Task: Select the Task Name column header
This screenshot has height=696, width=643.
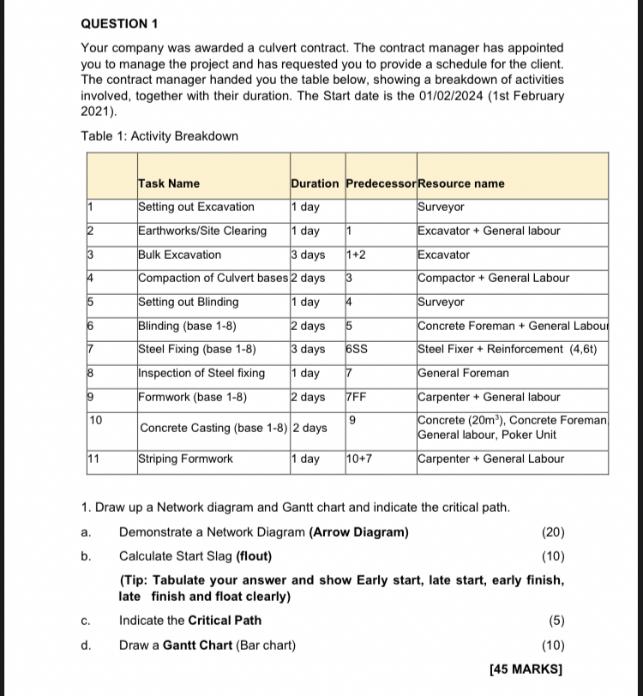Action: [169, 183]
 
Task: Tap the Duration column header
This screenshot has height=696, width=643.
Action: [315, 183]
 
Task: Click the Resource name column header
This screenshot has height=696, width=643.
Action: [460, 183]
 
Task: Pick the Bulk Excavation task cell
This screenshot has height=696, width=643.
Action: [180, 255]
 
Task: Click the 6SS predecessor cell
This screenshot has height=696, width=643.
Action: [358, 349]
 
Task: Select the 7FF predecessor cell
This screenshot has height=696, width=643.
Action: [358, 397]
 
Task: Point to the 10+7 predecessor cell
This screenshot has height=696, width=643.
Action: [360, 459]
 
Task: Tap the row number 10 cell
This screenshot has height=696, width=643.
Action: [96, 420]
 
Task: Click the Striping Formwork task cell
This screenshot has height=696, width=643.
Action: [186, 459]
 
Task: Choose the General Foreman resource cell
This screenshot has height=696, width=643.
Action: [463, 373]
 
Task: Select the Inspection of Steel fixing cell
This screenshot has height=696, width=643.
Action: [201, 373]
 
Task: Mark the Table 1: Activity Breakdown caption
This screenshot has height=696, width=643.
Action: [159, 136]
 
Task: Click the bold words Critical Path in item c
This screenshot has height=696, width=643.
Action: [225, 620]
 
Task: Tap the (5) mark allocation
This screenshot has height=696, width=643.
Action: [553, 620]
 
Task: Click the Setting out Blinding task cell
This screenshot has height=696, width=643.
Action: [189, 302]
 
